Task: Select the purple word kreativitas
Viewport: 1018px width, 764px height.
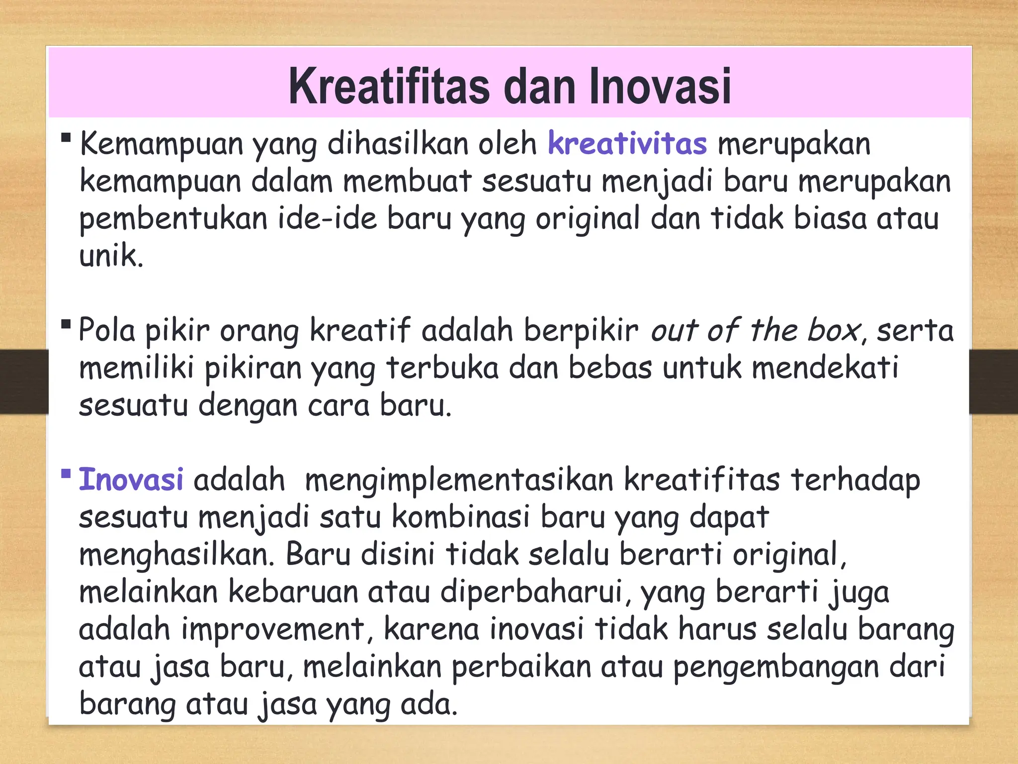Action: click(x=627, y=144)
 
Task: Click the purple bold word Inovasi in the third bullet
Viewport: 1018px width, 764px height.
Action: click(x=131, y=480)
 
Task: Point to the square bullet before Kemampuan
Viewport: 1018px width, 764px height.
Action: click(x=66, y=137)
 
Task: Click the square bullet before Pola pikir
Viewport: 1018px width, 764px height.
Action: click(x=66, y=324)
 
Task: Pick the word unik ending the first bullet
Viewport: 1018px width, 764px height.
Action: click(x=111, y=256)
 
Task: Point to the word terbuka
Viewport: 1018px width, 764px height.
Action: click(x=442, y=368)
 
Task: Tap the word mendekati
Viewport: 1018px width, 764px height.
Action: click(x=825, y=368)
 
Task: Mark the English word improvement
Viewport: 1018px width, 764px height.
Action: click(x=272, y=629)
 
